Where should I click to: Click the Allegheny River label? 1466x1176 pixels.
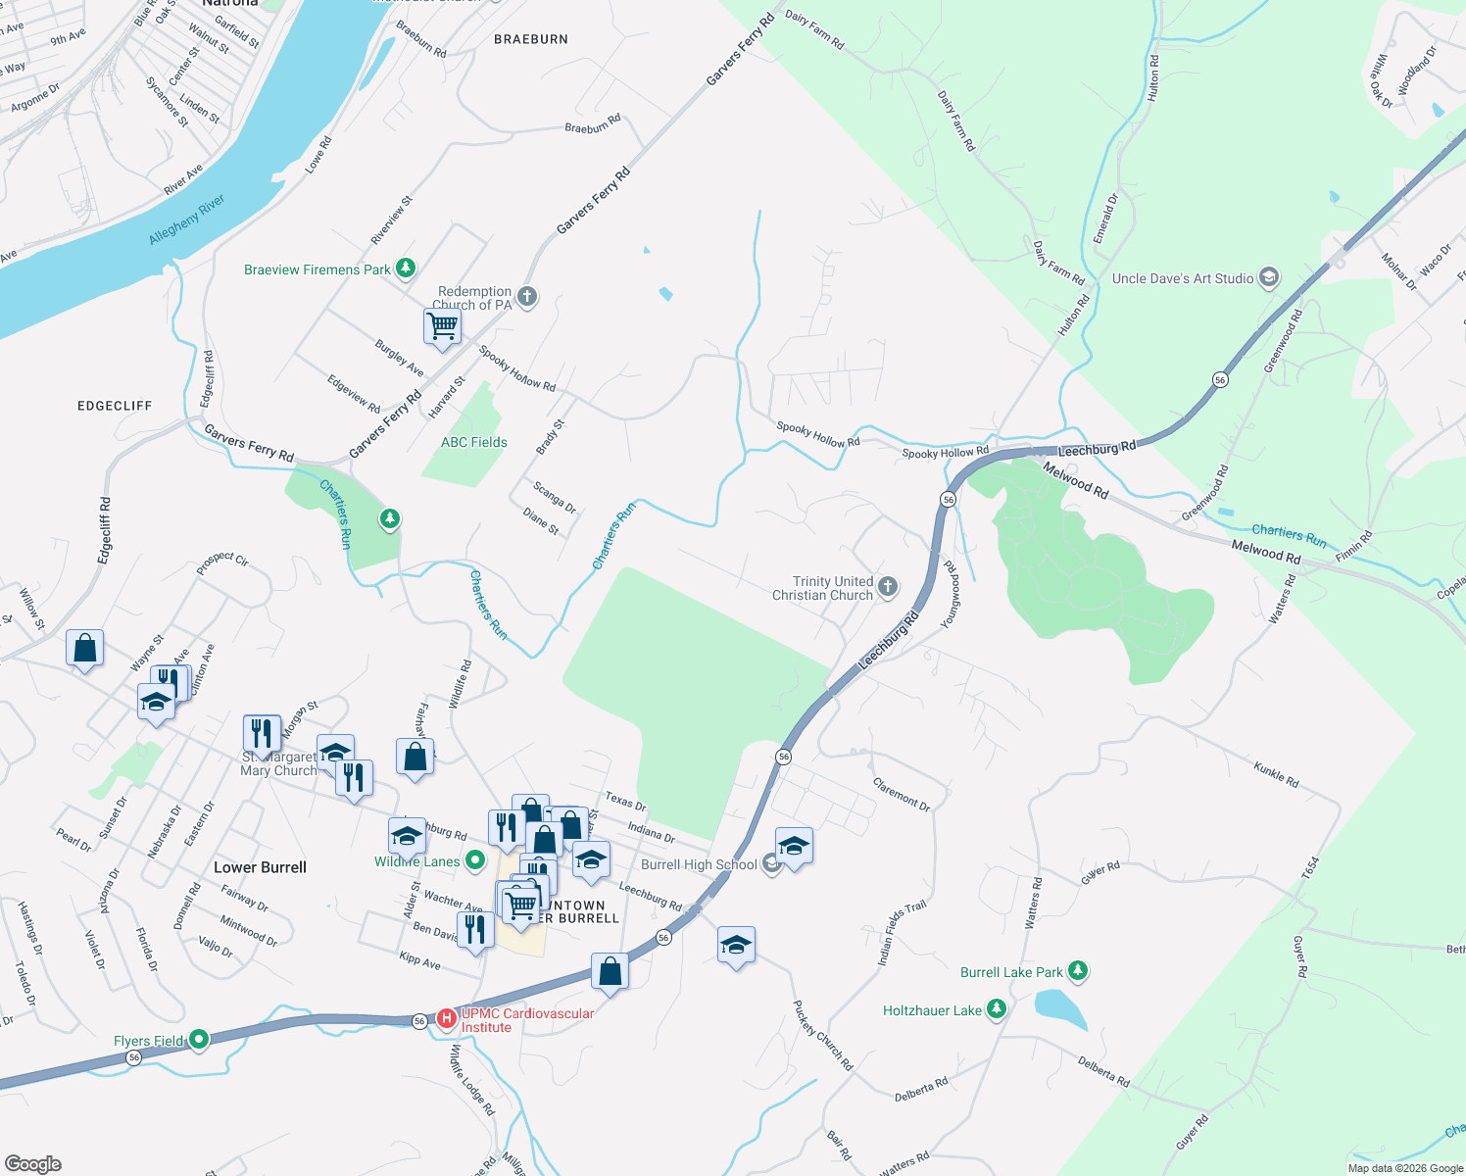tap(187, 220)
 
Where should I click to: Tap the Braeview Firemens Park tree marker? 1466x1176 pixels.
tap(406, 269)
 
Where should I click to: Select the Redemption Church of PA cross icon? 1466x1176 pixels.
tap(527, 297)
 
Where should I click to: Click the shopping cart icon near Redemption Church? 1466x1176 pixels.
tap(443, 326)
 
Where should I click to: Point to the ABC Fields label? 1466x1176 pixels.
tap(474, 442)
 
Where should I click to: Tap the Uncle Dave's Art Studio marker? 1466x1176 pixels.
tap(1269, 278)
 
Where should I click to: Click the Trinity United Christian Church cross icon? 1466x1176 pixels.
tap(888, 587)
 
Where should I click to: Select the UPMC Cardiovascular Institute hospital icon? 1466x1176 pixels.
tap(447, 1019)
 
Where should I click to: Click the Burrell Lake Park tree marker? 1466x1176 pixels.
tap(1078, 971)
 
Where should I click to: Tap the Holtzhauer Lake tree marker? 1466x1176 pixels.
tap(997, 1009)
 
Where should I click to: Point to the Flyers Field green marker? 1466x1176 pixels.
tap(199, 1040)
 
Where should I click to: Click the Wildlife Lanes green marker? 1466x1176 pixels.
tap(475, 861)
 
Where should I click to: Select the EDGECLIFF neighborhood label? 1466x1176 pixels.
tap(115, 406)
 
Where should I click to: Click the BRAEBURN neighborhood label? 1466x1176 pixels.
tap(531, 39)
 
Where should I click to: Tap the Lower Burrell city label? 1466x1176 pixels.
tap(260, 867)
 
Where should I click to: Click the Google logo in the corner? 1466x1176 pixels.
tap(33, 1163)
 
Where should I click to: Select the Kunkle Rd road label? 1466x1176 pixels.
tap(1276, 774)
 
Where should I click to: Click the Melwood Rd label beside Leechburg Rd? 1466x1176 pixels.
tap(1075, 481)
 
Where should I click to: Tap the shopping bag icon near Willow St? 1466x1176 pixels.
tap(85, 649)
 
